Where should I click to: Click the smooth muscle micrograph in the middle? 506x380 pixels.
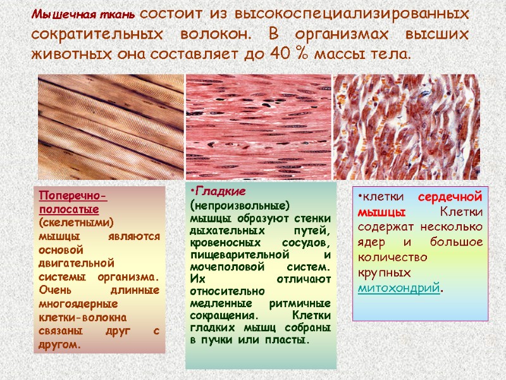click(258, 127)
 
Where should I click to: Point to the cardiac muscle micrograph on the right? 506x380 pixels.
click(406, 127)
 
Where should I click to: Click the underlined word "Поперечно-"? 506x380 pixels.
click(73, 194)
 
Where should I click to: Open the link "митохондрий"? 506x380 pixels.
click(398, 288)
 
